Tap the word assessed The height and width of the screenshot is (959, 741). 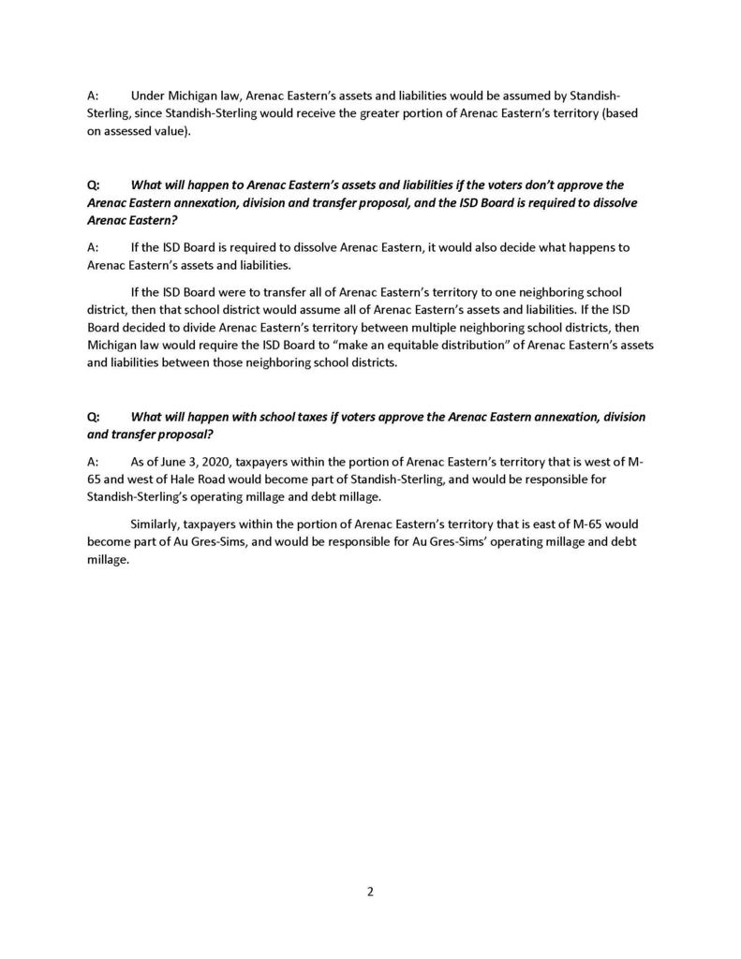pos(127,130)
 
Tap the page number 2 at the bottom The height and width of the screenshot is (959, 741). pos(370,892)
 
